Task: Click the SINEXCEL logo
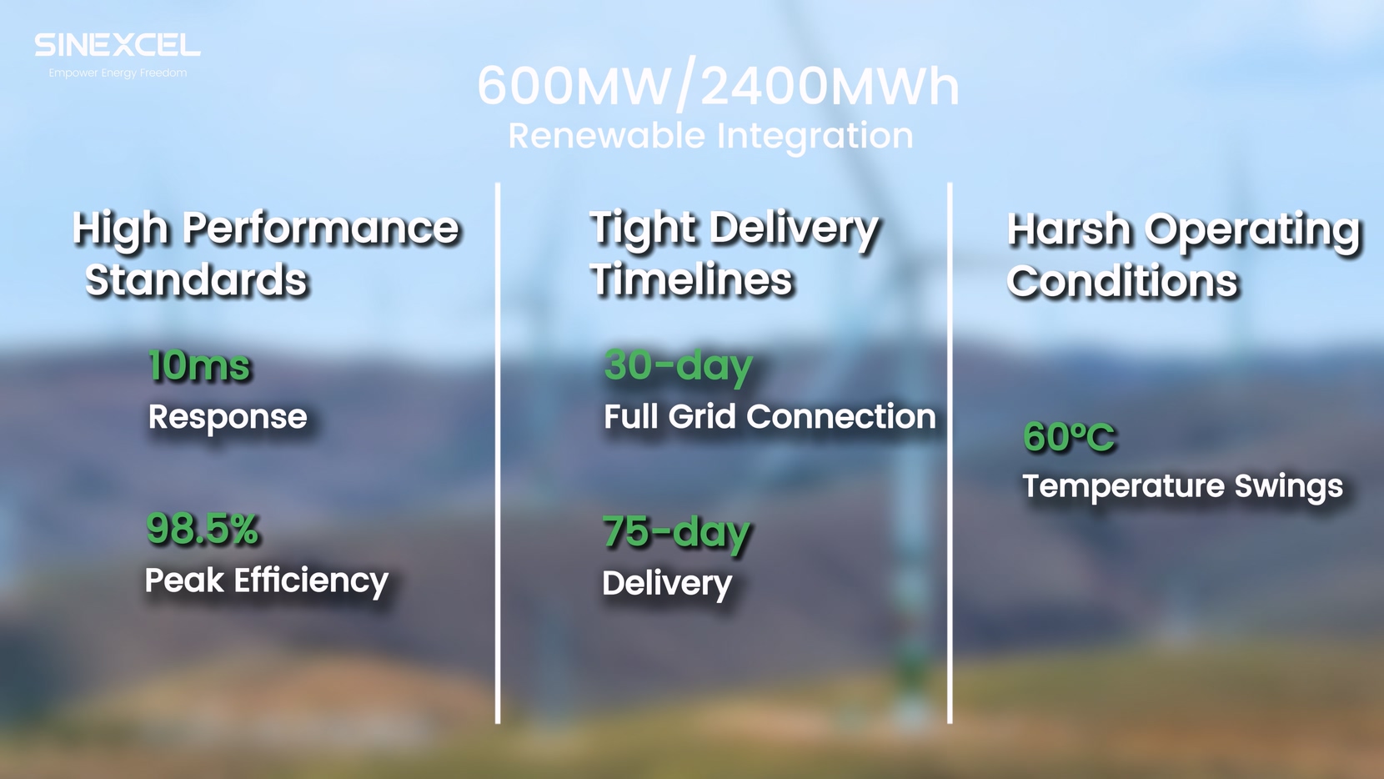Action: (118, 45)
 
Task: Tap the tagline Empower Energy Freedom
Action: (118, 73)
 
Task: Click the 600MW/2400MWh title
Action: (718, 86)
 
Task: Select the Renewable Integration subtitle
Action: (710, 137)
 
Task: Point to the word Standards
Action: (196, 279)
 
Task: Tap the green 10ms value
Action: (199, 365)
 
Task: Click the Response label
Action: (228, 418)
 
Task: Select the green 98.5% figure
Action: (202, 529)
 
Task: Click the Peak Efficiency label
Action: (266, 581)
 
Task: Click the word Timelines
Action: (691, 279)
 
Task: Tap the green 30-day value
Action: (679, 367)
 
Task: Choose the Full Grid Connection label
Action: (770, 417)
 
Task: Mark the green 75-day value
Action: (676, 533)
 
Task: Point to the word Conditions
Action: (1122, 281)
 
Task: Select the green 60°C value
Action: (1069, 438)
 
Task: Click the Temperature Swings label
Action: (1182, 486)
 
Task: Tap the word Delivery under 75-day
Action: (667, 584)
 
